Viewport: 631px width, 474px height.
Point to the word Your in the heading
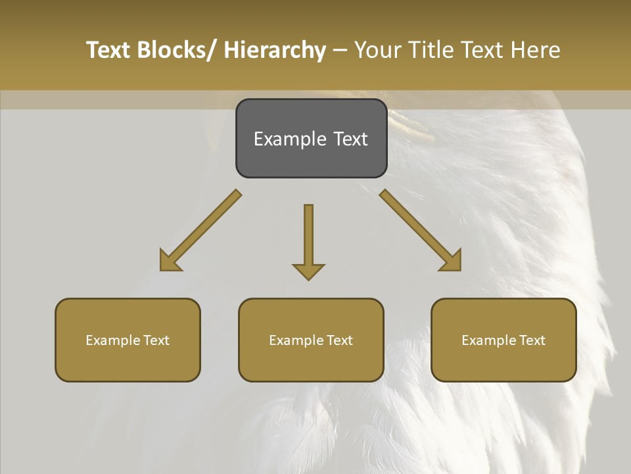(377, 50)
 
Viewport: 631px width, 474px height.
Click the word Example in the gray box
(290, 139)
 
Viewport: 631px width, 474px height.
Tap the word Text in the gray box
(350, 139)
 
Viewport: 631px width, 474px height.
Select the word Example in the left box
(113, 340)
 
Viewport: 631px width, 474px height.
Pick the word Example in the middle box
(296, 340)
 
